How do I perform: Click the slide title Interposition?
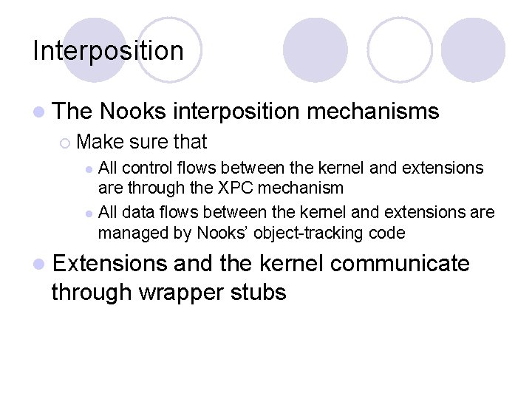click(108, 51)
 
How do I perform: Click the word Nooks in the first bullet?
click(132, 112)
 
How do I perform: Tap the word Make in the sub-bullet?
click(99, 141)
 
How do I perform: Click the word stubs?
click(259, 292)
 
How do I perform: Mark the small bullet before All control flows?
click(89, 168)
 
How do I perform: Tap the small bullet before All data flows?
click(89, 214)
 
